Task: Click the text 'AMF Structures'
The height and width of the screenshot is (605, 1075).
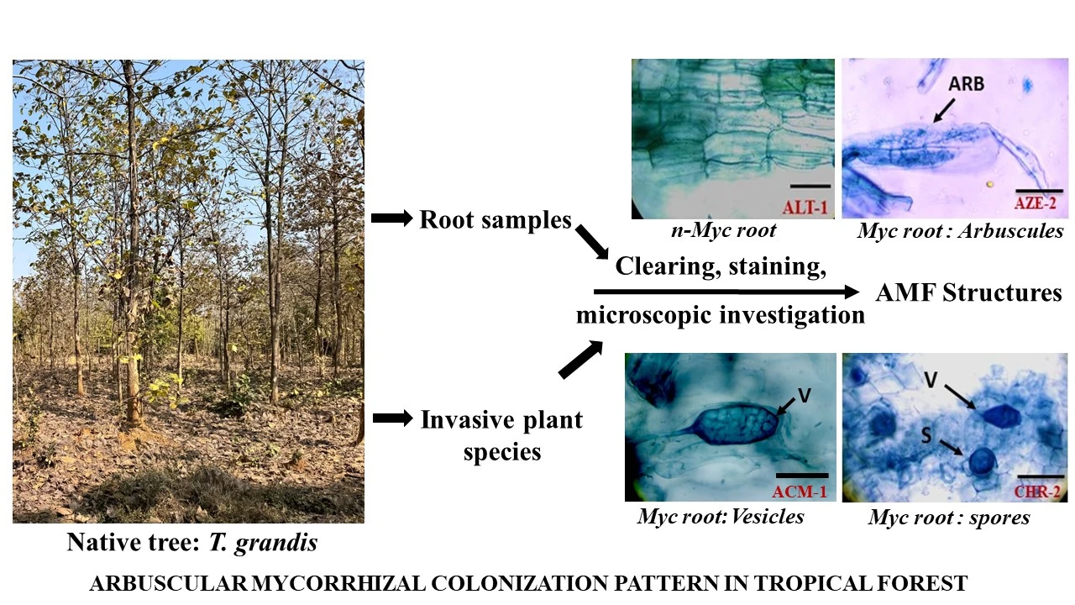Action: (x=968, y=293)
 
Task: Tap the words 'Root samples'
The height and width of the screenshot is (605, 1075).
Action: (x=496, y=220)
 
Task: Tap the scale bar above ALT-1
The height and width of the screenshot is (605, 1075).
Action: (x=810, y=185)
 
